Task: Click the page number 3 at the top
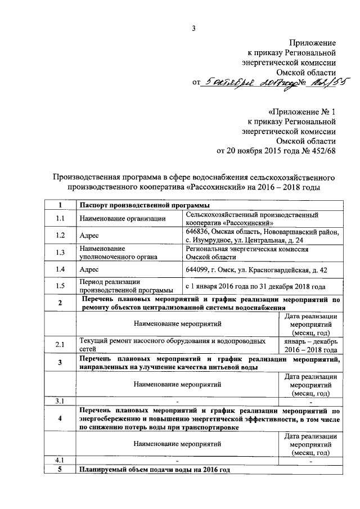point(193,29)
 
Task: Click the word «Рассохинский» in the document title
point(214,187)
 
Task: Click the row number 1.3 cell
point(60,253)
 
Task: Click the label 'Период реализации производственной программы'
point(118,286)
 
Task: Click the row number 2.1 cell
point(60,345)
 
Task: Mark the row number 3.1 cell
point(60,401)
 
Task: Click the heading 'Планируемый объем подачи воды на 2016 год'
point(155,469)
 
